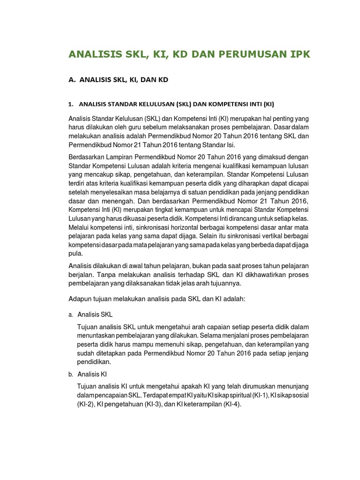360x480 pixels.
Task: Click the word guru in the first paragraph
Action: point(142,127)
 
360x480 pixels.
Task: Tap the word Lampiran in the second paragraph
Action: point(118,157)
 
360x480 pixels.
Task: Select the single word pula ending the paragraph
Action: point(75,254)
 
